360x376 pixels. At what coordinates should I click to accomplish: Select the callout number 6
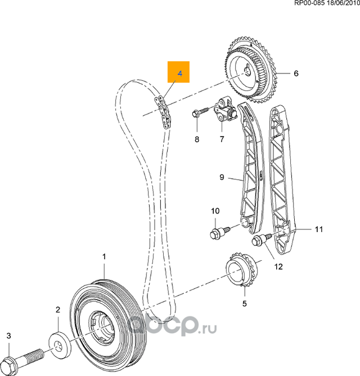296,74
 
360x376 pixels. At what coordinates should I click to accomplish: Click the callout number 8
197,139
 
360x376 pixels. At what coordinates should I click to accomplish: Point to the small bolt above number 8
197,114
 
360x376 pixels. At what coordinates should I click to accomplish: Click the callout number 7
221,139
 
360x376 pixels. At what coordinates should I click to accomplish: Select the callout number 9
222,178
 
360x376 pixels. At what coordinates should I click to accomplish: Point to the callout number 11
319,229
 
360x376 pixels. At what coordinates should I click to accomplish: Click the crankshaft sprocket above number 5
241,274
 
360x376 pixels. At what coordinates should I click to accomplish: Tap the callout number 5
244,304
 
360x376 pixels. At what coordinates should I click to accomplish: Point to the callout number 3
8,336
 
